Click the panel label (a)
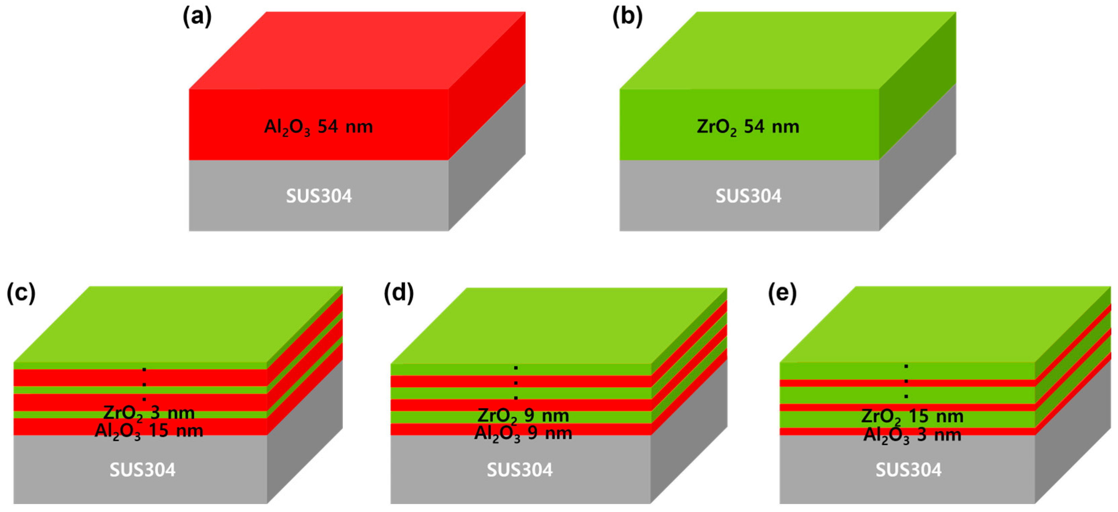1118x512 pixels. click(x=197, y=17)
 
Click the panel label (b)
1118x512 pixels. click(x=627, y=17)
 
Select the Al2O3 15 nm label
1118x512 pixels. click(x=149, y=431)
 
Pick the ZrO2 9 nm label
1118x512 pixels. click(x=523, y=416)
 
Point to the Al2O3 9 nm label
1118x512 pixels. click(x=523, y=433)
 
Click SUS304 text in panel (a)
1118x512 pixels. click(x=318, y=196)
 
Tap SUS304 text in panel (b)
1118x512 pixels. click(x=748, y=196)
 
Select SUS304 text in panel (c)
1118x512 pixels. click(x=142, y=470)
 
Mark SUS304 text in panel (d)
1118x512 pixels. click(x=520, y=470)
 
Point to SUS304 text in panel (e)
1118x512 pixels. click(x=908, y=470)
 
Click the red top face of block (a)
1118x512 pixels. click(x=357, y=50)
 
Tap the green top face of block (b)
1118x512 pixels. click(x=788, y=50)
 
